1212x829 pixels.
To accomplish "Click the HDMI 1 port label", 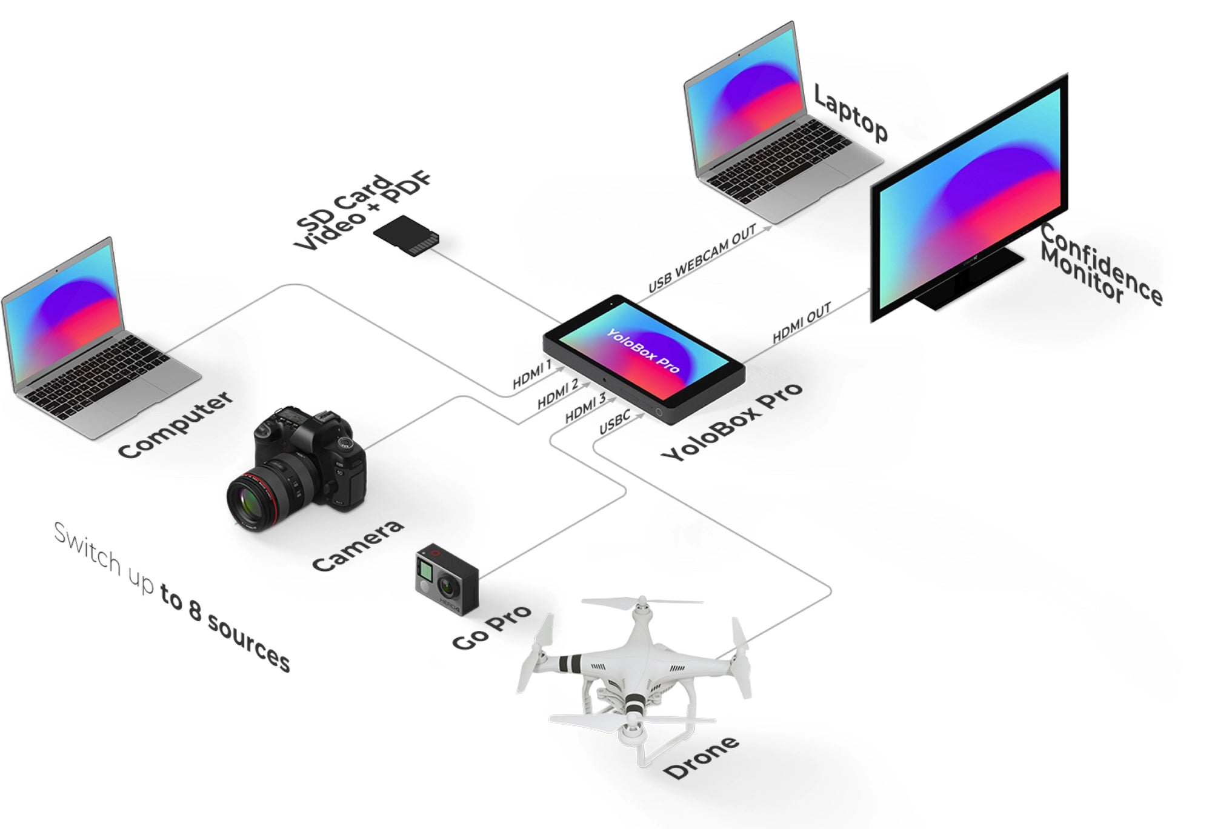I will [532, 375].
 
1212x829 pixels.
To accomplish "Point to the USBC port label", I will [614, 422].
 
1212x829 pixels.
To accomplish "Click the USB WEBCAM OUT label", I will [702, 258].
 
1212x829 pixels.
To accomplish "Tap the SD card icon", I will [407, 236].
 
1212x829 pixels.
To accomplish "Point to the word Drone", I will [701, 757].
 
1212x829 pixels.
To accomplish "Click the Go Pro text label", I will [491, 627].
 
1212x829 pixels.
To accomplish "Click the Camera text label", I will [358, 545].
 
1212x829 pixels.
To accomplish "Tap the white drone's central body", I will [636, 667].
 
